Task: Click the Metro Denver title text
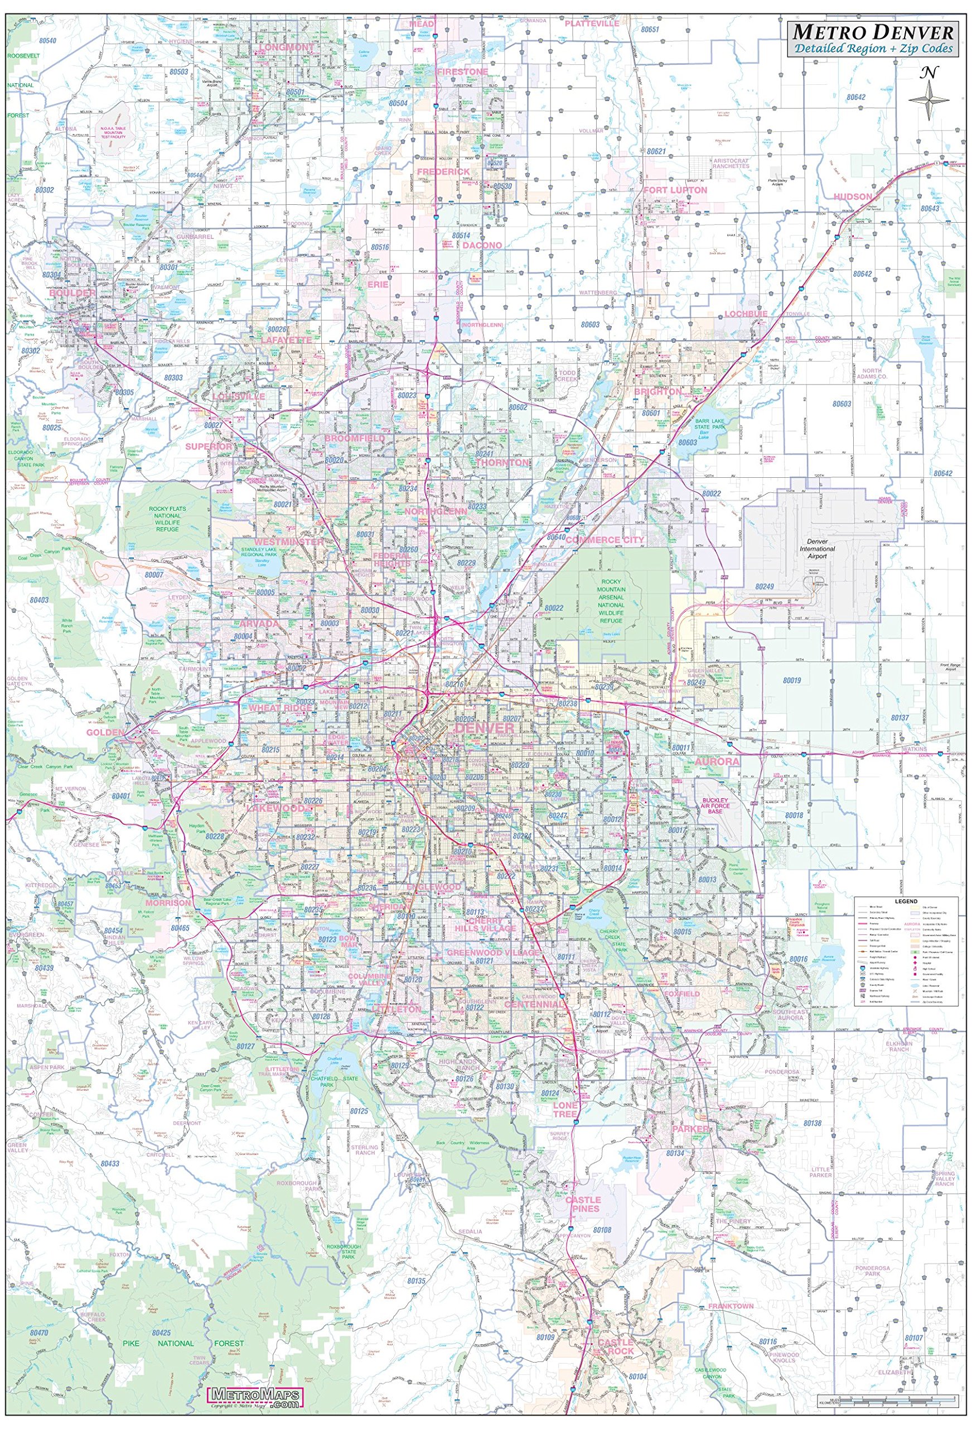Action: (x=873, y=32)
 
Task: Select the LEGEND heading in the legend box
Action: (x=906, y=901)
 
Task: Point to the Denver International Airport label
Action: (x=817, y=552)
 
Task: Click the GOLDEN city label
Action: (x=104, y=732)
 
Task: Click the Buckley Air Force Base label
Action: (x=715, y=806)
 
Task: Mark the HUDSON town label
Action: (x=852, y=196)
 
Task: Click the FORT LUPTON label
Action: (x=675, y=190)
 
